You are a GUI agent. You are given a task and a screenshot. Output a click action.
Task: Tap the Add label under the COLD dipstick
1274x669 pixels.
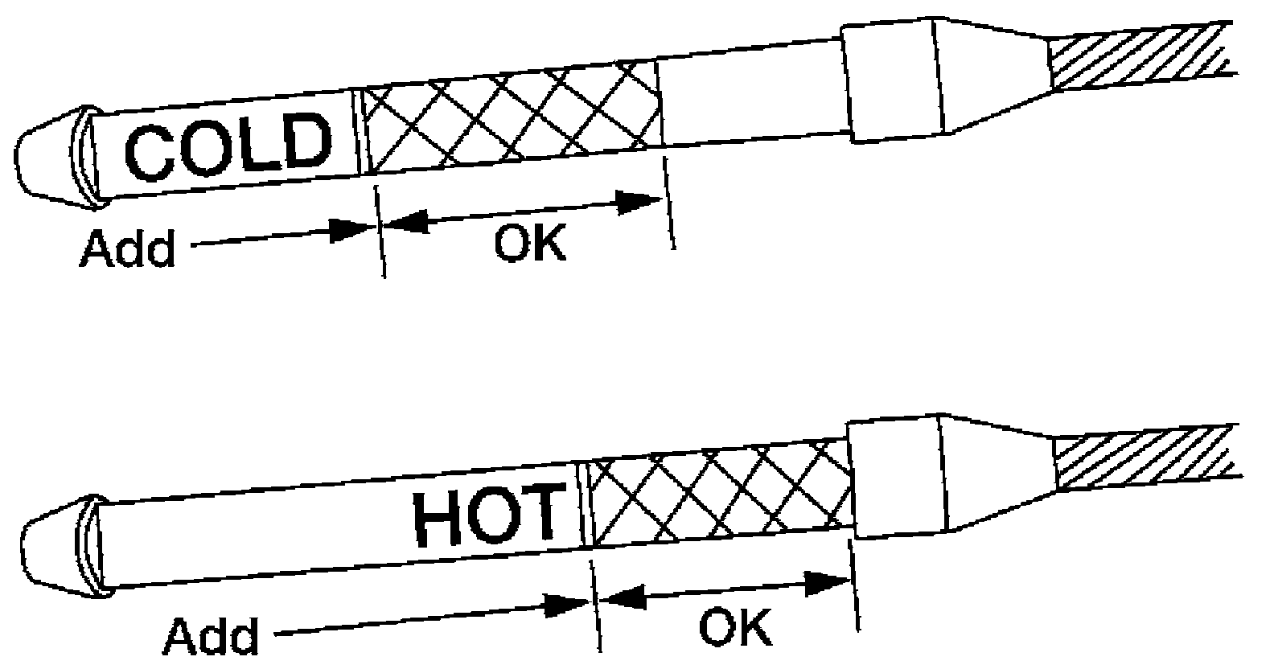coord(127,250)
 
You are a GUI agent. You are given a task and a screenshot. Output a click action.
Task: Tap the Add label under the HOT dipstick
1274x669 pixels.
coord(211,636)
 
